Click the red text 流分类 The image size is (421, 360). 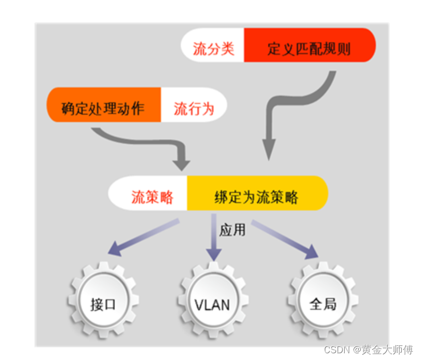pyautogui.click(x=213, y=49)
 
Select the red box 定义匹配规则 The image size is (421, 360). pyautogui.click(x=309, y=49)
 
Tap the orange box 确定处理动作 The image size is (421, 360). pyautogui.click(x=103, y=108)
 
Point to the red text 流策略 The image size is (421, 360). pyautogui.click(x=152, y=198)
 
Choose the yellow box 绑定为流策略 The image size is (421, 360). pyautogui.click(x=256, y=198)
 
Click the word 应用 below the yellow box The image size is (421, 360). pyautogui.click(x=232, y=230)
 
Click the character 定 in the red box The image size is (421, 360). pyautogui.click(x=274, y=49)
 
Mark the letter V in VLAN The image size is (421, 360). pyautogui.click(x=199, y=303)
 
